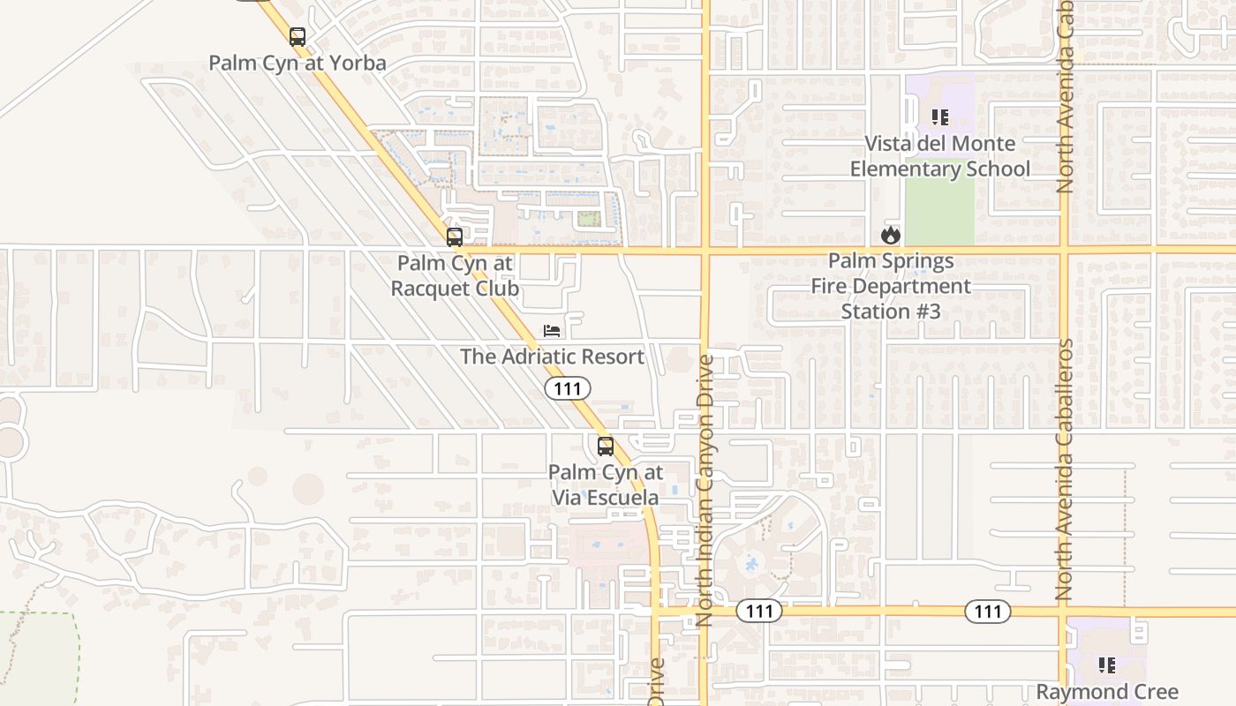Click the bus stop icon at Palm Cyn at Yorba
[x=298, y=37]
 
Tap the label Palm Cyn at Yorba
[x=298, y=64]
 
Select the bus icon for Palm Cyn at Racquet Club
[x=455, y=237]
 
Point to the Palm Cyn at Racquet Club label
[x=455, y=275]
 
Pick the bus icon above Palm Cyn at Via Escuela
[x=605, y=447]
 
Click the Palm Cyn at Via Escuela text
[x=605, y=484]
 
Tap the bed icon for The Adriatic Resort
[x=552, y=332]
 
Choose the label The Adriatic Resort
[x=552, y=357]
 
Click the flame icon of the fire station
[x=890, y=235]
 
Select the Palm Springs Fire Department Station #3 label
[x=891, y=286]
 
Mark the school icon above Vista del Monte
[x=939, y=116]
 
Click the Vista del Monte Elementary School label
[x=939, y=155]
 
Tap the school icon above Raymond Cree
[x=1106, y=665]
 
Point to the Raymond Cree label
[x=1106, y=691]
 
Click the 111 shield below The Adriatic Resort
[x=567, y=388]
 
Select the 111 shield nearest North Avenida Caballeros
[x=988, y=611]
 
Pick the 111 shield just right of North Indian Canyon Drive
[x=759, y=611]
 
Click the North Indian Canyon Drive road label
[x=705, y=490]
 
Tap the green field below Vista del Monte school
[x=939, y=212]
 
